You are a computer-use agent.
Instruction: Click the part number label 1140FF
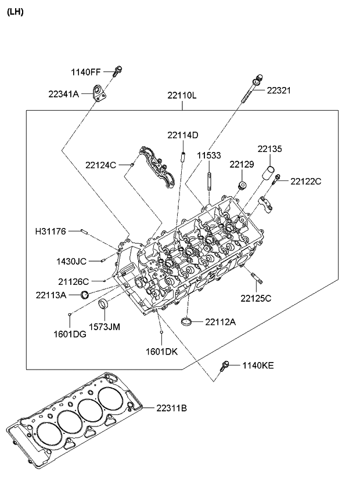tap(86, 72)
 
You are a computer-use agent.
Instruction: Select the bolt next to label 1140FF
tap(118, 72)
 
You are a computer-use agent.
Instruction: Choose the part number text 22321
tap(279, 91)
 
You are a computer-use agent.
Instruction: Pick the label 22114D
tap(183, 135)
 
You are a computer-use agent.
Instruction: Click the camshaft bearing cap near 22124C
tap(157, 168)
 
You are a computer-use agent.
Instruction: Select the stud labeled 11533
tap(208, 178)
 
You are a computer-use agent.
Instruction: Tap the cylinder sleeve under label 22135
tap(270, 173)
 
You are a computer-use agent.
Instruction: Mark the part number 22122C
tap(306, 181)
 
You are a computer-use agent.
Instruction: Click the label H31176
tap(51, 232)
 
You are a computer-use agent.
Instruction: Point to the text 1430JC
tap(71, 261)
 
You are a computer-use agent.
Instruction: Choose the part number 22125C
tap(256, 298)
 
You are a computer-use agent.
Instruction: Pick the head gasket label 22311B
tap(171, 408)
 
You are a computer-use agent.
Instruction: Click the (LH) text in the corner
tap(15, 12)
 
